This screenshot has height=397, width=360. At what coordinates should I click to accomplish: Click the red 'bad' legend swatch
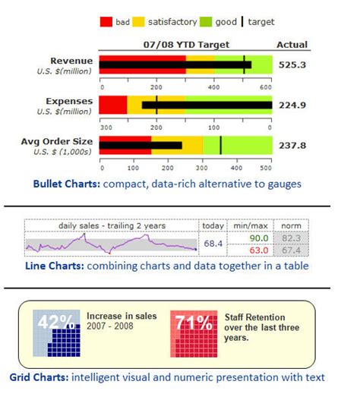(x=106, y=22)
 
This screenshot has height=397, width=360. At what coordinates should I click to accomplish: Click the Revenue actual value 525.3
(x=292, y=65)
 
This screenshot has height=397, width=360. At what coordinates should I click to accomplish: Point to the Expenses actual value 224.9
(x=292, y=105)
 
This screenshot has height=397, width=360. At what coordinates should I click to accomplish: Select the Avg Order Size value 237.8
(x=292, y=145)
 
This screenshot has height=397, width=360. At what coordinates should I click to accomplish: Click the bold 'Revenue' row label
(x=72, y=60)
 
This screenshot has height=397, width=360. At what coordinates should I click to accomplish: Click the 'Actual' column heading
(x=292, y=45)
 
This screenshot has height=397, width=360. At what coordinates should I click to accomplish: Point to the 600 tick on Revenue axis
(x=266, y=87)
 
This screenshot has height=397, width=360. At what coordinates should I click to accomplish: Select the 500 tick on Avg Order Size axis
(x=266, y=167)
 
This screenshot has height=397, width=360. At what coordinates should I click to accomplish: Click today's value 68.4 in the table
(x=213, y=243)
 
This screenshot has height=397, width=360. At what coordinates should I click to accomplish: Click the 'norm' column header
(x=291, y=225)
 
